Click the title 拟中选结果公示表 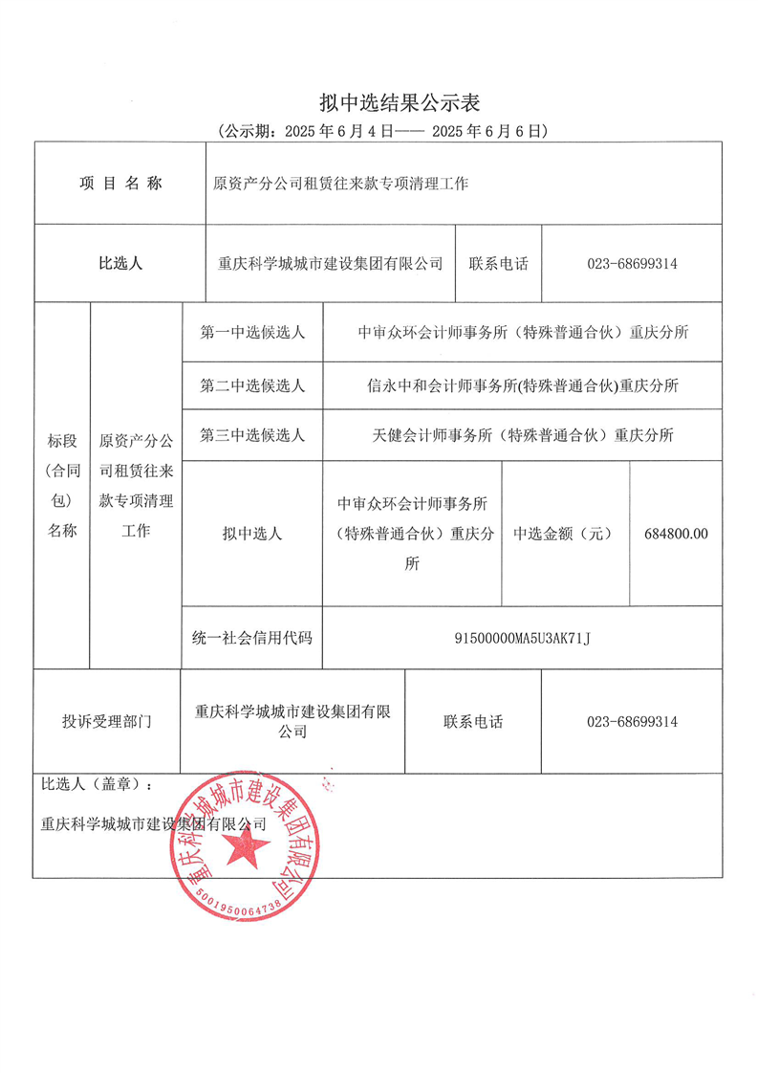(x=402, y=102)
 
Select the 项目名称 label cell (x=120, y=183)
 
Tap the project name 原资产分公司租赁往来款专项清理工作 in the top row (x=340, y=183)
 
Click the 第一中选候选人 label (x=252, y=333)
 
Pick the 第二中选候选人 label (x=252, y=386)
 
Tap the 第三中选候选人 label (x=252, y=435)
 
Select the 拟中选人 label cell (x=252, y=534)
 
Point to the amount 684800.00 (x=677, y=534)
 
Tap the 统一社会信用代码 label (x=252, y=637)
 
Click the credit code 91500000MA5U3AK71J (x=523, y=637)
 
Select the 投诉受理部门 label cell (x=106, y=722)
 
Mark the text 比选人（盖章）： (x=97, y=784)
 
